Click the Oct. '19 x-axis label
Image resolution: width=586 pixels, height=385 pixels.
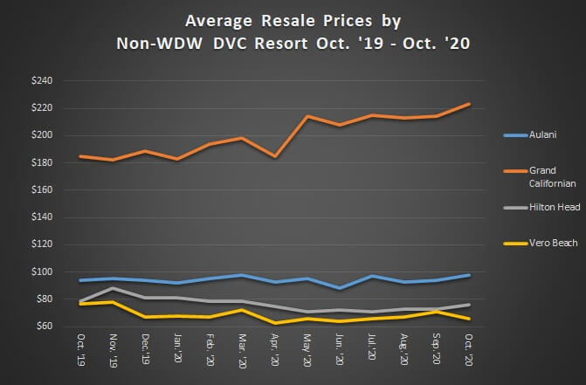(82, 349)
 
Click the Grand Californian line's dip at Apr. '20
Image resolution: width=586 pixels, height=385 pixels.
(275, 156)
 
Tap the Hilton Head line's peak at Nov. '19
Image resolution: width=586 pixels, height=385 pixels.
(112, 288)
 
